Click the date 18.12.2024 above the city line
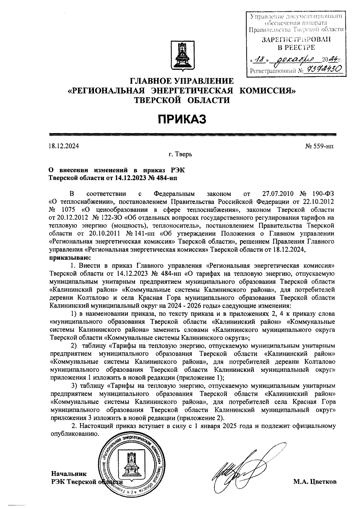pos(64,146)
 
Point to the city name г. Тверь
pos(180,155)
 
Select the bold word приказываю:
pos(70,257)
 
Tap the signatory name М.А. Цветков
pos(315,482)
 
